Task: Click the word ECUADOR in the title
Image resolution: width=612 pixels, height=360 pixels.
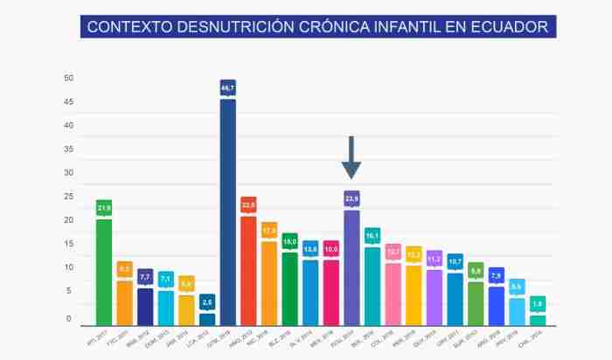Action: pyautogui.click(x=506, y=27)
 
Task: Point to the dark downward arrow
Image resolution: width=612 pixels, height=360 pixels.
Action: pyautogui.click(x=351, y=157)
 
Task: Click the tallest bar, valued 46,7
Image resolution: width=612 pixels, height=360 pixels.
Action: pyautogui.click(x=227, y=210)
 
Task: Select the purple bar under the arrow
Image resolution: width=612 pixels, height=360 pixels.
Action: pyautogui.click(x=351, y=267)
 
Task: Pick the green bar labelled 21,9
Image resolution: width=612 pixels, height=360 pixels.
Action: pyautogui.click(x=104, y=271)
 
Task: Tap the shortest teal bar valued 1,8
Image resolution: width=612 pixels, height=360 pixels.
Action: pyautogui.click(x=538, y=320)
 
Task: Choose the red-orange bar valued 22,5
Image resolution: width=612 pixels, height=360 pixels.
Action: pyautogui.click(x=248, y=269)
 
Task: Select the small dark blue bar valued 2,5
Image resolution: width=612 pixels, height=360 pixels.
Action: pyautogui.click(x=207, y=318)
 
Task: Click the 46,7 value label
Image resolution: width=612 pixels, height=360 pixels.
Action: pyautogui.click(x=227, y=88)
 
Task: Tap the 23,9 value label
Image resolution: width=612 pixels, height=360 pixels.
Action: pyautogui.click(x=351, y=198)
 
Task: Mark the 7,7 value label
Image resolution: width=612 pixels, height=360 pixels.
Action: pyautogui.click(x=145, y=276)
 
